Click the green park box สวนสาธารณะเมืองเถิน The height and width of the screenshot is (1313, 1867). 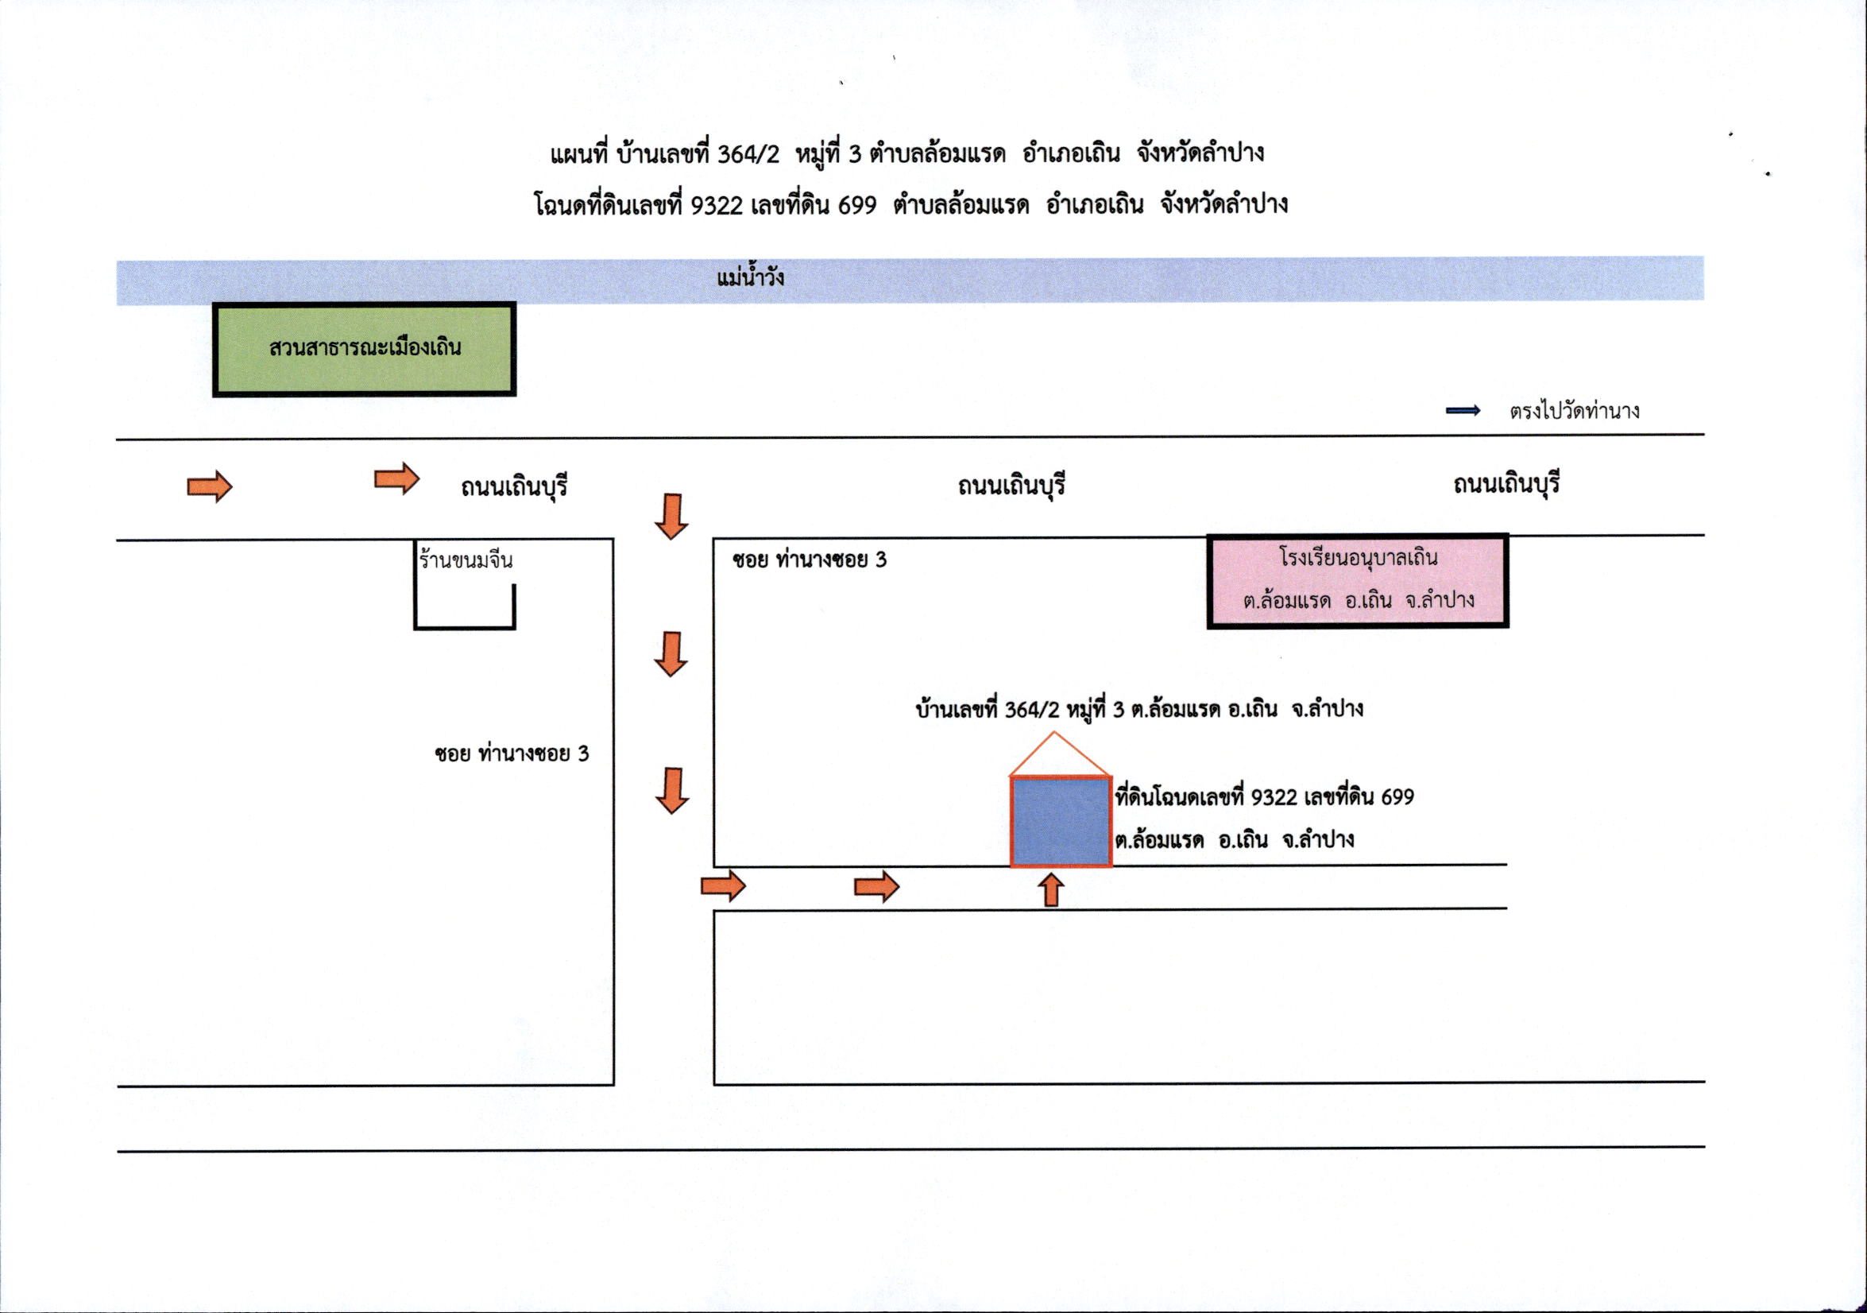coord(365,349)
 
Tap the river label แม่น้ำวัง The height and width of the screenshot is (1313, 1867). coord(751,277)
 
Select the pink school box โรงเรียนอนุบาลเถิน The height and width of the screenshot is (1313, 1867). coord(1357,580)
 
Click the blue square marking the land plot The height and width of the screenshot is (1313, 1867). coord(1061,822)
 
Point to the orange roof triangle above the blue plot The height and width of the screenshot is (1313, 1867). coord(1061,754)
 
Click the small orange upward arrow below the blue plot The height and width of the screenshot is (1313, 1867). coord(1051,890)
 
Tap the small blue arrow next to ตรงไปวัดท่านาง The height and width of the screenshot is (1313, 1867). coord(1463,411)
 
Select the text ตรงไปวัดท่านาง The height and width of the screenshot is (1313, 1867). coord(1575,411)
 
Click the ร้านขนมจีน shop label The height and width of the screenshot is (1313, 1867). coord(466,560)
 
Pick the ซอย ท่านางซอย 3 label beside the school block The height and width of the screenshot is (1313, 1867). coord(809,560)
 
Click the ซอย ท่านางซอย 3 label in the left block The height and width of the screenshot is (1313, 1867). coord(512,753)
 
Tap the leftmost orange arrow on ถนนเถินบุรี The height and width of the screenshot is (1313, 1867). coord(210,486)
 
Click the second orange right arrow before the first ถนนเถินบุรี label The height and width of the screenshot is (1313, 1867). coord(396,478)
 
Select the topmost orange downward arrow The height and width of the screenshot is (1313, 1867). coord(671,516)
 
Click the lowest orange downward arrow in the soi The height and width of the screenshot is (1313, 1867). coord(671,791)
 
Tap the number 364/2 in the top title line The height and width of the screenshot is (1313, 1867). coord(748,153)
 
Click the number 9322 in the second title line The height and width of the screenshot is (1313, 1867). coord(717,206)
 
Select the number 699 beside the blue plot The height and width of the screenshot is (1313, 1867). coord(1397,797)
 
